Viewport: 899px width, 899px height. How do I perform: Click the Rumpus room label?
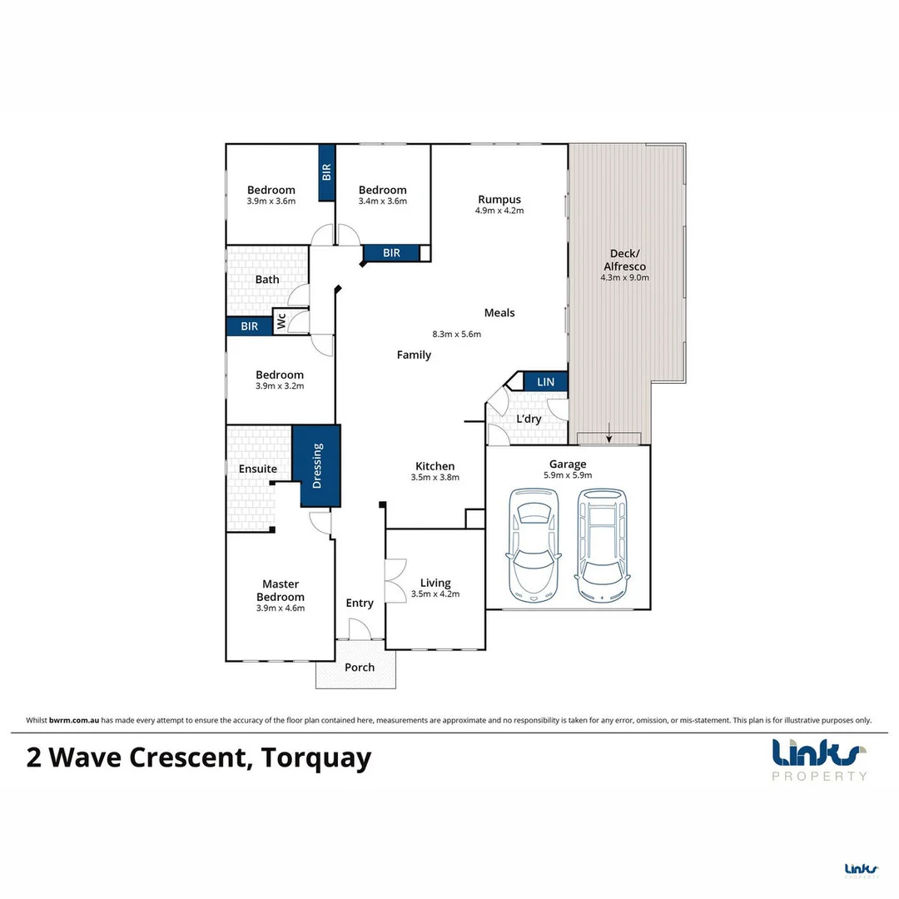(499, 199)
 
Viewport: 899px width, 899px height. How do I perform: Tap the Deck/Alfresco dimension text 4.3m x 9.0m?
(624, 278)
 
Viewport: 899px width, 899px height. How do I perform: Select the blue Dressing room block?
(317, 465)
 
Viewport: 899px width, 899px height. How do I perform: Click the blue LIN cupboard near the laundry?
(545, 381)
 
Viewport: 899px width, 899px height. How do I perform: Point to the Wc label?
(281, 321)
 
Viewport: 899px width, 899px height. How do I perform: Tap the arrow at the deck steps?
(609, 433)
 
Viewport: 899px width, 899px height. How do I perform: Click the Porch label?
(360, 667)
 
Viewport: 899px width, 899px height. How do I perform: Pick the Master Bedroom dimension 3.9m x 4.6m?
(281, 608)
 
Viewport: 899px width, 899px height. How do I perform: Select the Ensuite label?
(258, 469)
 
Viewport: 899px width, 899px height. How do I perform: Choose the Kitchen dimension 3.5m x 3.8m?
(435, 478)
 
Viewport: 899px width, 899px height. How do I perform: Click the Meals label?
(499, 313)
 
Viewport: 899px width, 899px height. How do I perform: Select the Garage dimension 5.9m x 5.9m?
(568, 475)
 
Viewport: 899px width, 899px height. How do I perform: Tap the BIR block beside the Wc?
(249, 326)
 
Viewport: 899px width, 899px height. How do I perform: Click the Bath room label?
(267, 280)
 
